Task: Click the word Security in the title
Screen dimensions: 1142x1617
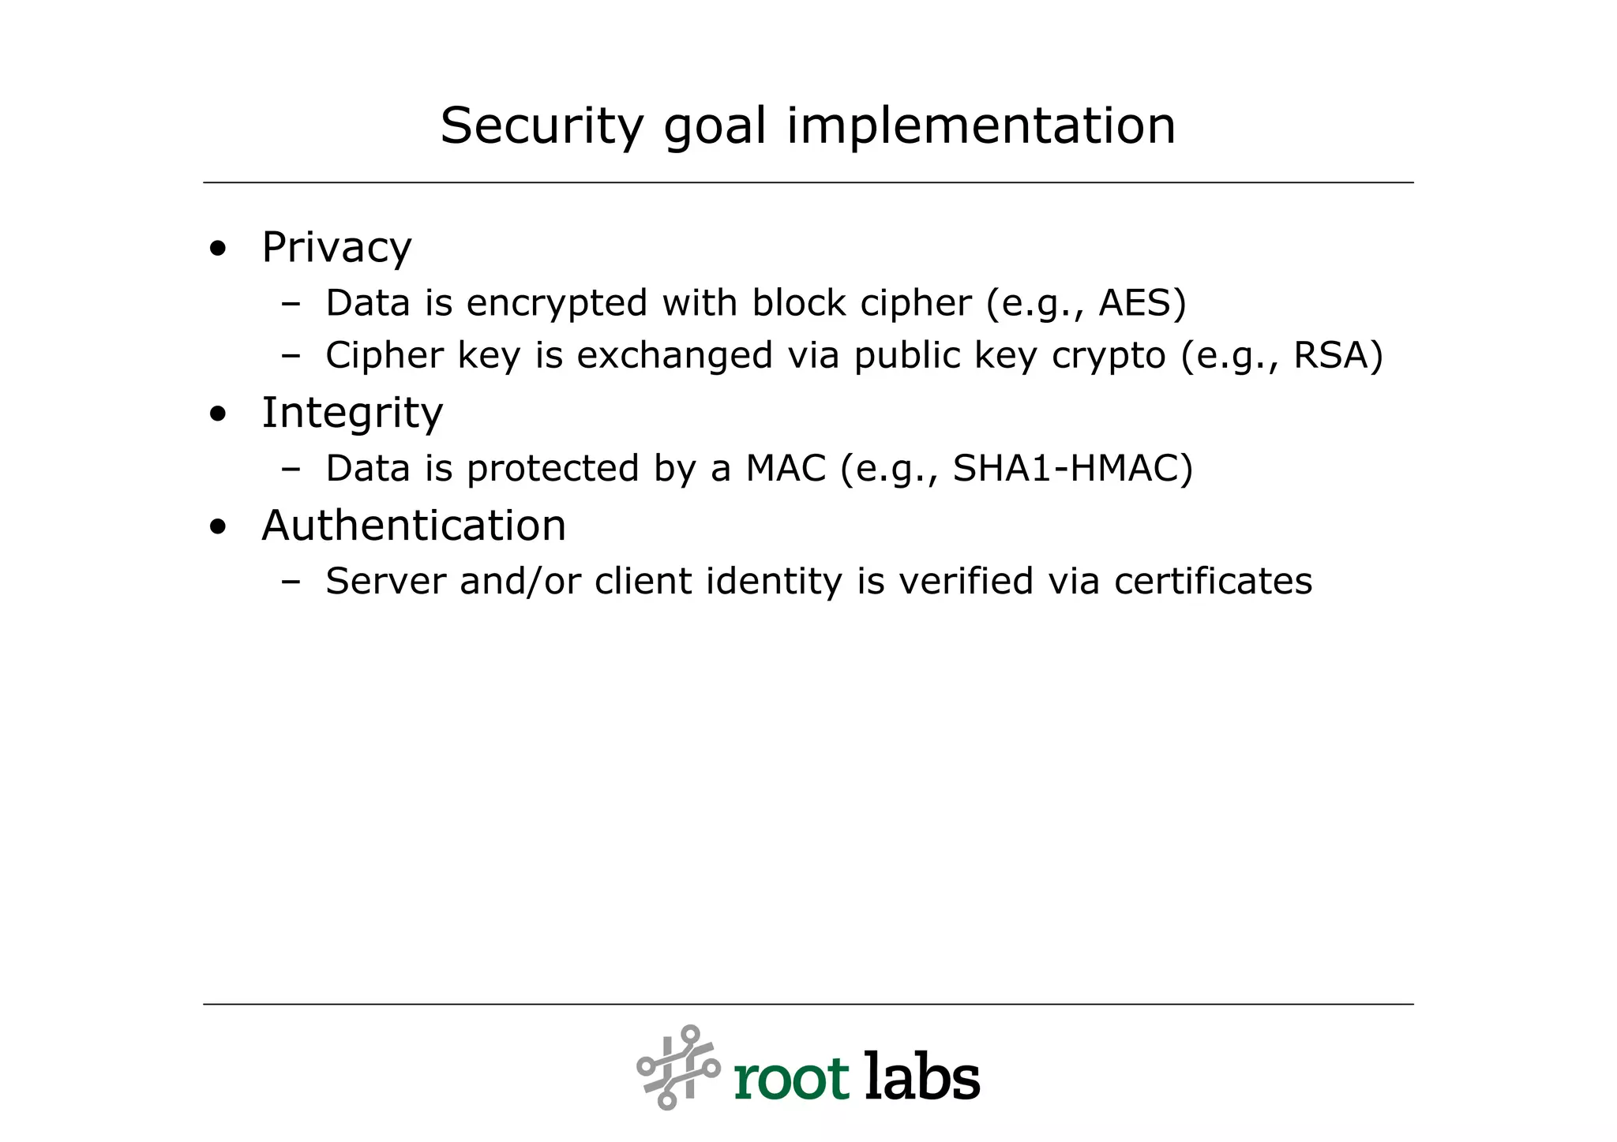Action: [x=542, y=126]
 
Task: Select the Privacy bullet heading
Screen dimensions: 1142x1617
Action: [x=336, y=248]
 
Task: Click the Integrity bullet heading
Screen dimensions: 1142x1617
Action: [x=352, y=413]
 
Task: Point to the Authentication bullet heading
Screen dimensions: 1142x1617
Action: [x=414, y=526]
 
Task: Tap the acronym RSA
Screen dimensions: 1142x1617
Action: [x=1331, y=355]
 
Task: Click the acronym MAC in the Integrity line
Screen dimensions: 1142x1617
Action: [x=785, y=468]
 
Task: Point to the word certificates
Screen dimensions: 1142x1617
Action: [x=1213, y=582]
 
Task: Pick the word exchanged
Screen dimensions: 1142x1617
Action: [x=674, y=355]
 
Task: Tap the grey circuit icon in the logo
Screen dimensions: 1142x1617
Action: [x=678, y=1067]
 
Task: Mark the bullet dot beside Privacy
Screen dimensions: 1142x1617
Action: [x=218, y=249]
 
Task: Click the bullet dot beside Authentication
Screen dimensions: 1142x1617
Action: [x=218, y=527]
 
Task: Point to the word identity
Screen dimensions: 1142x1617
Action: [x=774, y=582]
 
